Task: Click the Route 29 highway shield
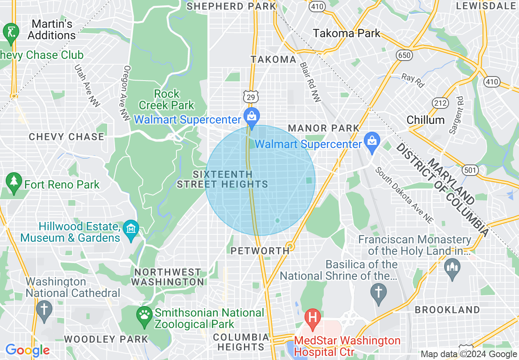click(x=250, y=97)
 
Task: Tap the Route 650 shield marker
click(x=404, y=54)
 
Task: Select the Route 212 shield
click(x=440, y=103)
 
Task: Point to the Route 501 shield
click(x=469, y=169)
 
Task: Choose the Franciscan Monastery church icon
click(x=452, y=268)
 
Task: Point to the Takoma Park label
click(x=347, y=33)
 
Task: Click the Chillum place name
click(x=425, y=120)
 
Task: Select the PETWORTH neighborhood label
click(x=260, y=251)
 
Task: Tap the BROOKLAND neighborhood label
click(x=447, y=310)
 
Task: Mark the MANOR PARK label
click(x=323, y=128)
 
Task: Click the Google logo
click(x=27, y=350)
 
